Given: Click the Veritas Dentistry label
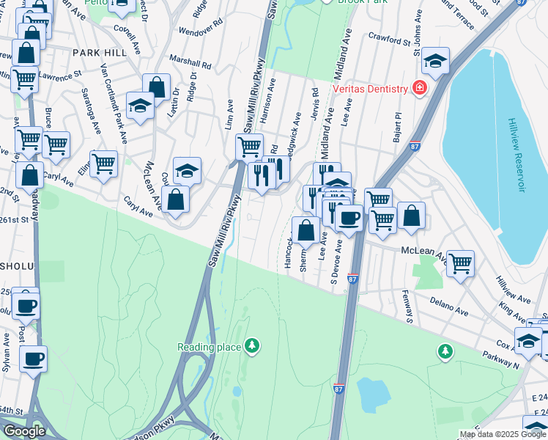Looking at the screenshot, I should point(370,89).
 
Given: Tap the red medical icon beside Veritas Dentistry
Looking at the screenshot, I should point(420,89).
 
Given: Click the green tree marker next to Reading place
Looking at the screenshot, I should point(252,345).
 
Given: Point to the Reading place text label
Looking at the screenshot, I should point(209,347).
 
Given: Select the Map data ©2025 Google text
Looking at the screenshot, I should point(503,434).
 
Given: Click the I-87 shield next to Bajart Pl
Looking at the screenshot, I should point(415,146).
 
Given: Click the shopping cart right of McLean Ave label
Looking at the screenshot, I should point(460,263).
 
